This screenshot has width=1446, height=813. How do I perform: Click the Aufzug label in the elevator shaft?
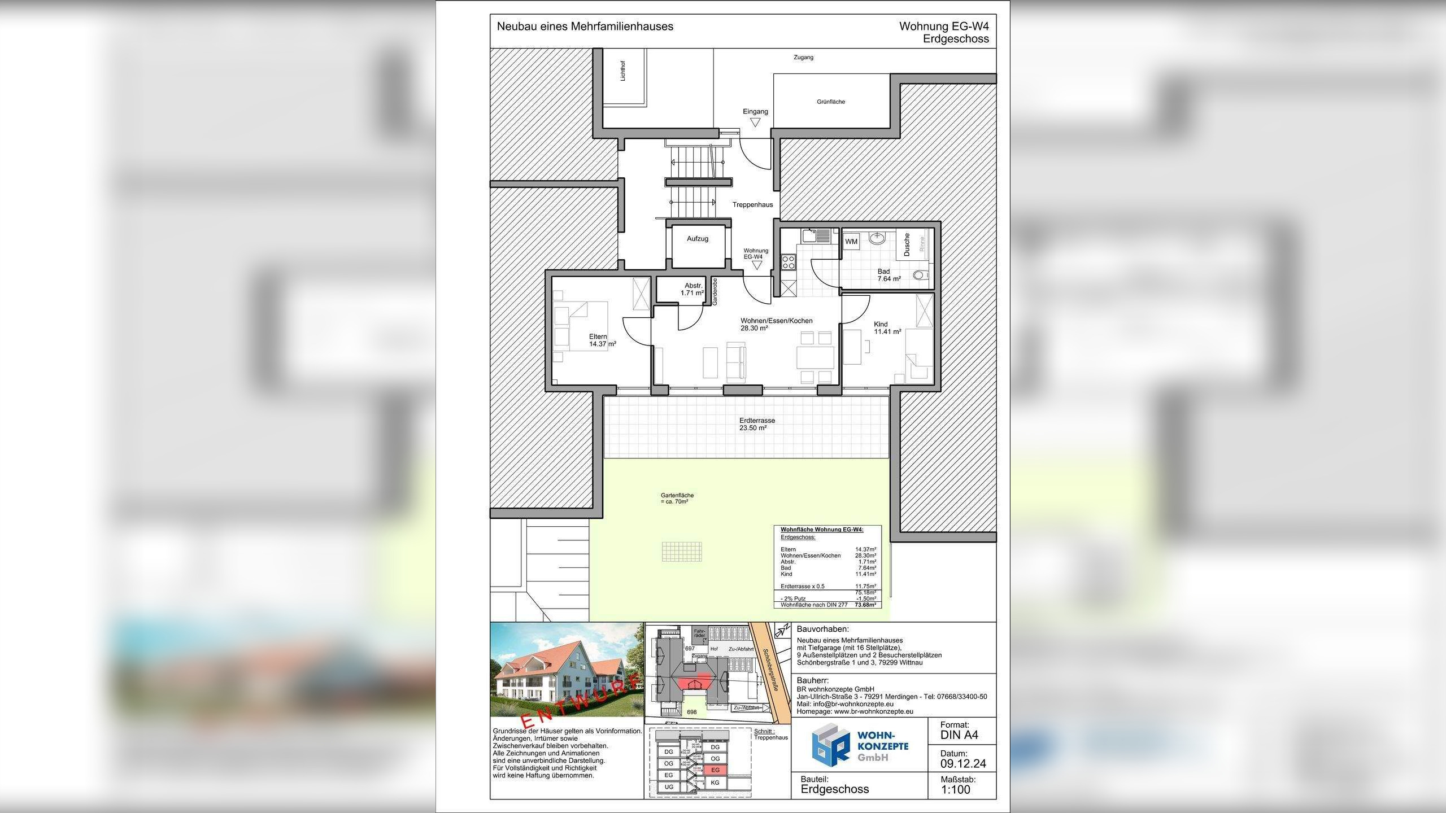[x=697, y=239]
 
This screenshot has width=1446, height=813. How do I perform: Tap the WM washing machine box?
[x=851, y=242]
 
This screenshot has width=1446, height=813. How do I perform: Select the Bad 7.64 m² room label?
[x=888, y=275]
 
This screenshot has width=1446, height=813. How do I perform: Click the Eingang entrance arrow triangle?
[x=755, y=122]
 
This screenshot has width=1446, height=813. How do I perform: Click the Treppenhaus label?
[x=752, y=205]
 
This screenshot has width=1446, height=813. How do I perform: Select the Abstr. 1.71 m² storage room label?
[x=692, y=290]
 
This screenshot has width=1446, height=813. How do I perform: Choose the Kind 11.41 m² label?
[x=887, y=328]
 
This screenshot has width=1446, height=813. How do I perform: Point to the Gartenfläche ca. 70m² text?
[x=677, y=499]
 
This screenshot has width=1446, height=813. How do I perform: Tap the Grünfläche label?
[x=830, y=102]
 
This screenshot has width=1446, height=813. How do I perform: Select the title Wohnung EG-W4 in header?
[x=944, y=27]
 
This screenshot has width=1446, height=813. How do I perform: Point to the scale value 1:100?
[x=955, y=790]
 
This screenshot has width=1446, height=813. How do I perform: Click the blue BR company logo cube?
[x=830, y=746]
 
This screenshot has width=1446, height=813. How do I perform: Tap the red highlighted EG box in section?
[x=715, y=770]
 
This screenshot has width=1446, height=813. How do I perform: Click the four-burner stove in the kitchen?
[x=788, y=262]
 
